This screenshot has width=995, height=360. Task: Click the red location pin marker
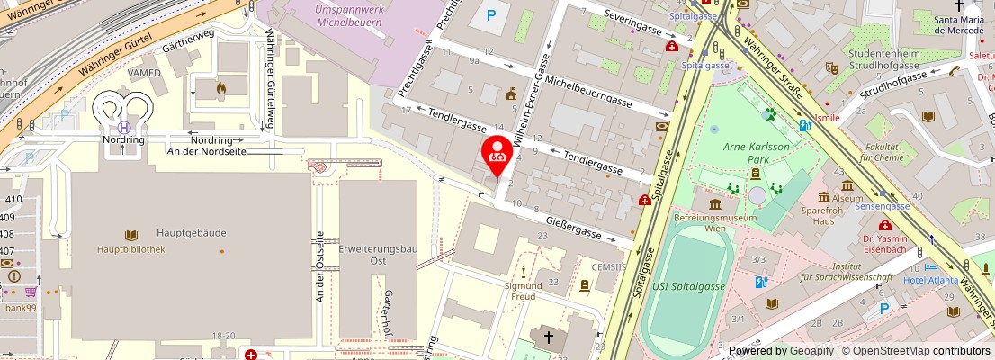click(496, 154)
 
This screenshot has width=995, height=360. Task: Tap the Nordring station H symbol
click(124, 128)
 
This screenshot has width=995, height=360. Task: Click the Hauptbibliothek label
click(132, 249)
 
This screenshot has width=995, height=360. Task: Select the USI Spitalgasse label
click(689, 286)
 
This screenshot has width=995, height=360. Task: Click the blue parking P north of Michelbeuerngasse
click(491, 15)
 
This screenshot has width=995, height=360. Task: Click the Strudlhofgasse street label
click(918, 86)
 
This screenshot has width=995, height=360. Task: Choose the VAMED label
click(144, 73)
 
